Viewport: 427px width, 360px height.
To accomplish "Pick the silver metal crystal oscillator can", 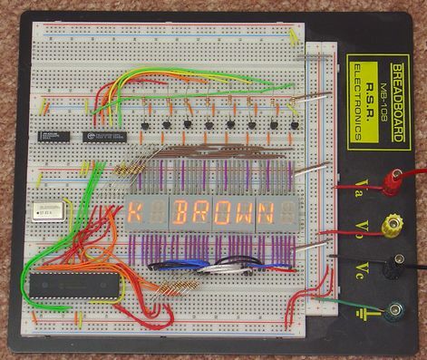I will [x=42, y=211].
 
